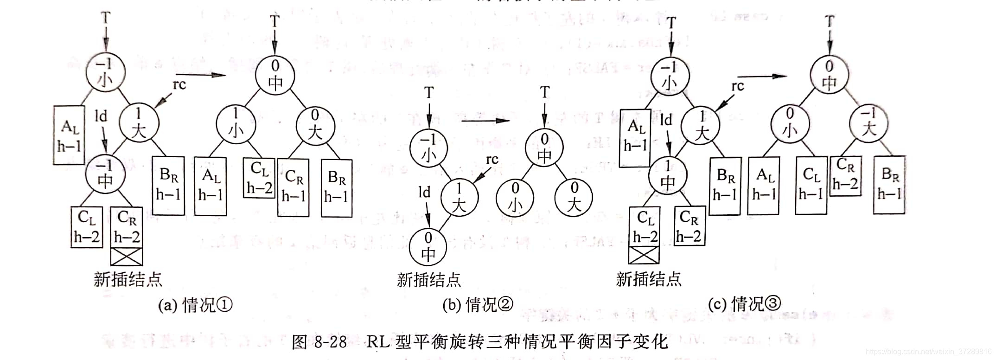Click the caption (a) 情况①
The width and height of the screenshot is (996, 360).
point(195,305)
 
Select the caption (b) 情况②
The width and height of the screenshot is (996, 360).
point(478,305)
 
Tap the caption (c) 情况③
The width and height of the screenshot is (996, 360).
point(744,304)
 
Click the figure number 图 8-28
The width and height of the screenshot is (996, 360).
point(319,342)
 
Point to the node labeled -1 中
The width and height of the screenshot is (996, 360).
point(105,174)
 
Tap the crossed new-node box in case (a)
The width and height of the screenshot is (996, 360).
point(127,256)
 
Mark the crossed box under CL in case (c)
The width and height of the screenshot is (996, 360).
point(644,255)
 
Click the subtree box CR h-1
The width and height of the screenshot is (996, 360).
point(294,187)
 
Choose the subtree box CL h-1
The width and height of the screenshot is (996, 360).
point(811,185)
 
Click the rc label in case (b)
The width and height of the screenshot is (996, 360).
point(492,160)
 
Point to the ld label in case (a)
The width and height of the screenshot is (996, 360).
point(101,116)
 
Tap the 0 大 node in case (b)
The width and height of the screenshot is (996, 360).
point(574,197)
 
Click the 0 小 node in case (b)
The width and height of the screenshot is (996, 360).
point(515,197)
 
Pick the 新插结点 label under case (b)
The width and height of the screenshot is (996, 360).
point(429,280)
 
